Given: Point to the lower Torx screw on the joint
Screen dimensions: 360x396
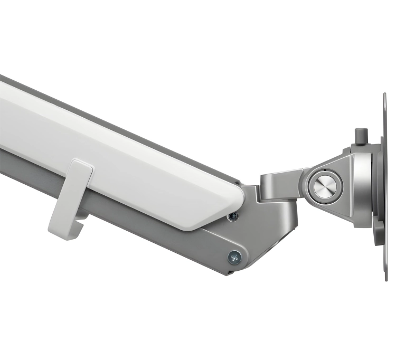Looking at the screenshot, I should pos(234,257).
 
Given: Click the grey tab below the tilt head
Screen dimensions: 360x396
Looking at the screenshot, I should pos(380,235).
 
